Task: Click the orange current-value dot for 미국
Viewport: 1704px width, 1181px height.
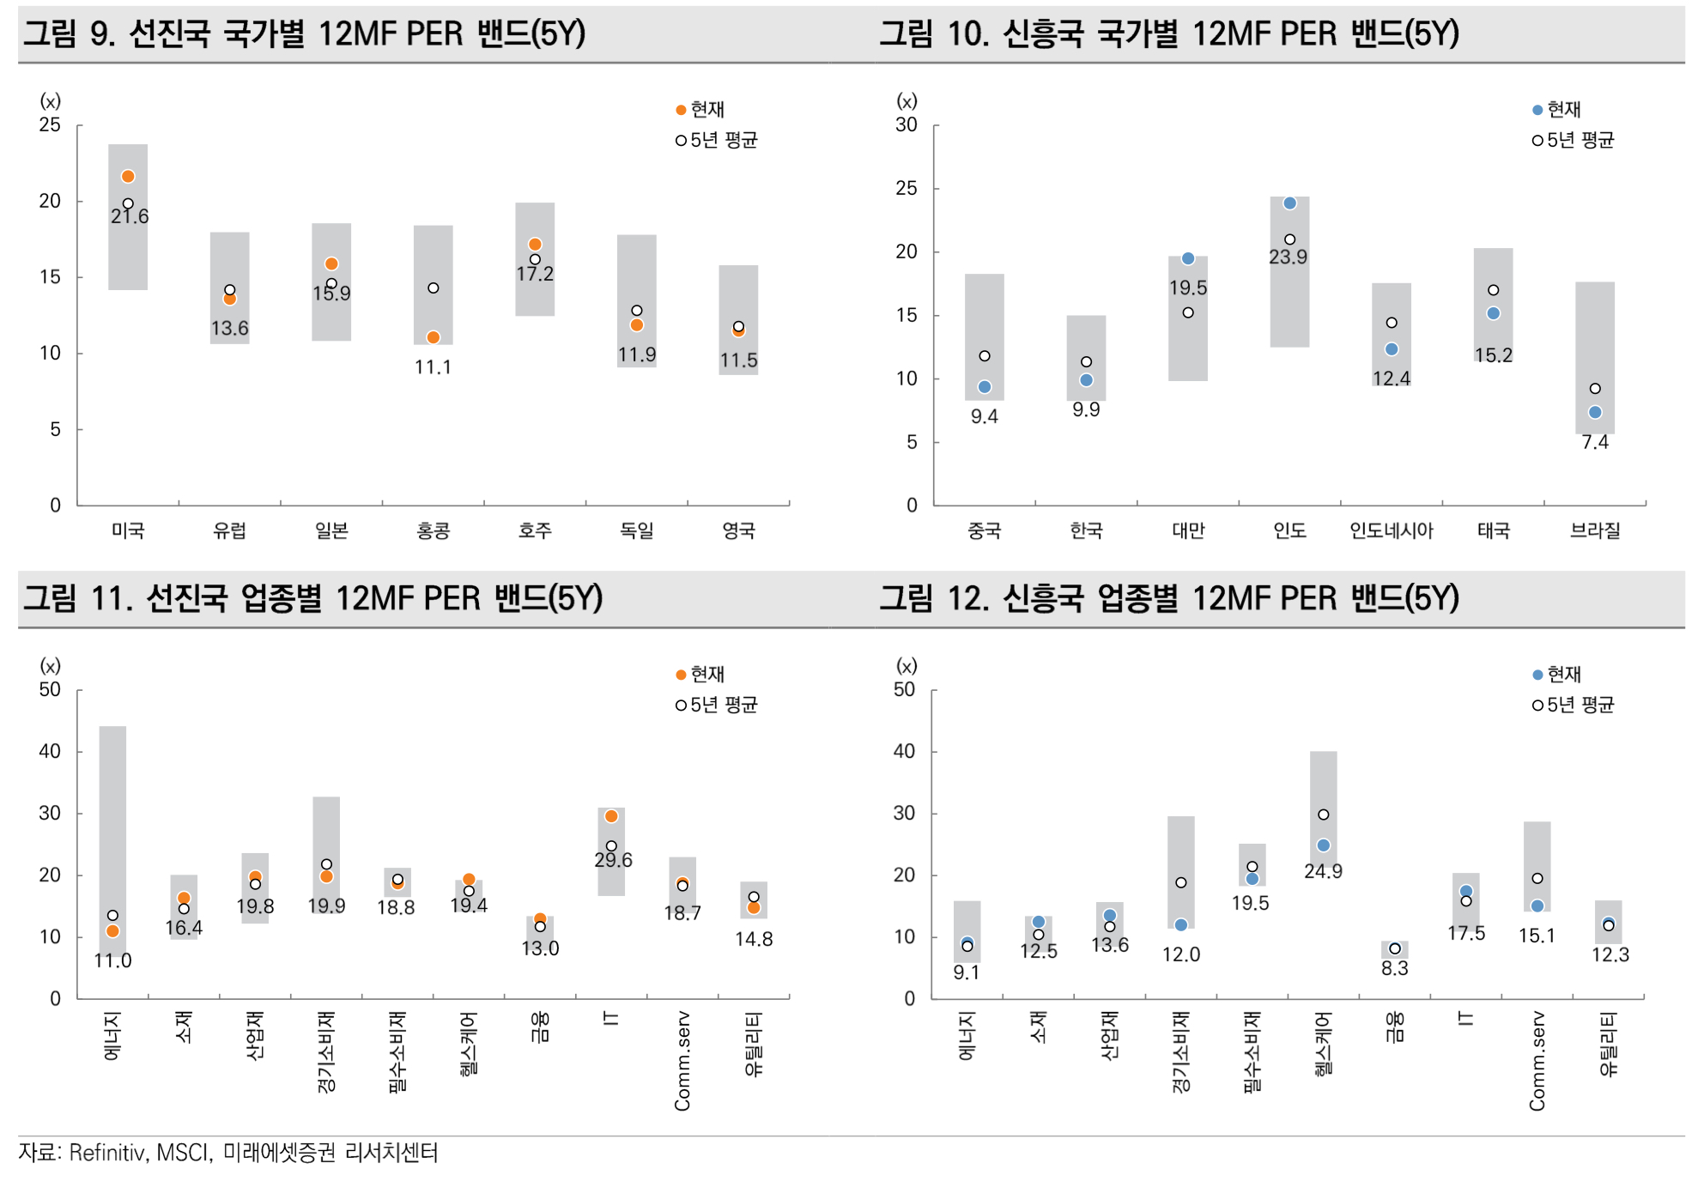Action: pyautogui.click(x=128, y=177)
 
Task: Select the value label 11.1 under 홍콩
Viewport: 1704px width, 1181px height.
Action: pyautogui.click(x=433, y=367)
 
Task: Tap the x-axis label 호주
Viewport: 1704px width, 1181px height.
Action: pyautogui.click(x=535, y=531)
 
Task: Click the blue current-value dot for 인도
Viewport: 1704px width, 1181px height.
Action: pyautogui.click(x=1289, y=203)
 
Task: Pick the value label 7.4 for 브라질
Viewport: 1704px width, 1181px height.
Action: pyautogui.click(x=1595, y=442)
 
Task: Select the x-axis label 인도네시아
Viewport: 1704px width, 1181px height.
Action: pyautogui.click(x=1391, y=531)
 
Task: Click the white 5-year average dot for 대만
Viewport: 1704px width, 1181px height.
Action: pyautogui.click(x=1188, y=312)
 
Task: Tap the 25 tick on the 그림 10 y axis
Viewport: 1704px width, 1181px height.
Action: pyautogui.click(x=907, y=189)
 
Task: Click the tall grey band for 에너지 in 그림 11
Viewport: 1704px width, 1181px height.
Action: pyautogui.click(x=112, y=815)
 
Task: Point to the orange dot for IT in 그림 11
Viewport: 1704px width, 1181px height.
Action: pyautogui.click(x=611, y=816)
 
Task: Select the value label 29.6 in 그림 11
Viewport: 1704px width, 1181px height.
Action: pyautogui.click(x=613, y=860)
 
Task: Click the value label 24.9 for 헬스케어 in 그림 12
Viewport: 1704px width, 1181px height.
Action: pyautogui.click(x=1323, y=871)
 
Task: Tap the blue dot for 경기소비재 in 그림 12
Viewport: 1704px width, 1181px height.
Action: pyautogui.click(x=1181, y=925)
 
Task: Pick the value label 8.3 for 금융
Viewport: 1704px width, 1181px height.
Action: pyautogui.click(x=1394, y=968)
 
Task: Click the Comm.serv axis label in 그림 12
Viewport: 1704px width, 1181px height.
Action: pyautogui.click(x=1537, y=1061)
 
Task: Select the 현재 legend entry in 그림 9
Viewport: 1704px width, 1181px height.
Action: pyautogui.click(x=700, y=110)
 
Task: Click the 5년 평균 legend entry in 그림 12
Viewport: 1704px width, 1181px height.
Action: pyautogui.click(x=1574, y=705)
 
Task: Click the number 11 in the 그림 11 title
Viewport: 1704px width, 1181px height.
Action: pyautogui.click(x=106, y=598)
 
